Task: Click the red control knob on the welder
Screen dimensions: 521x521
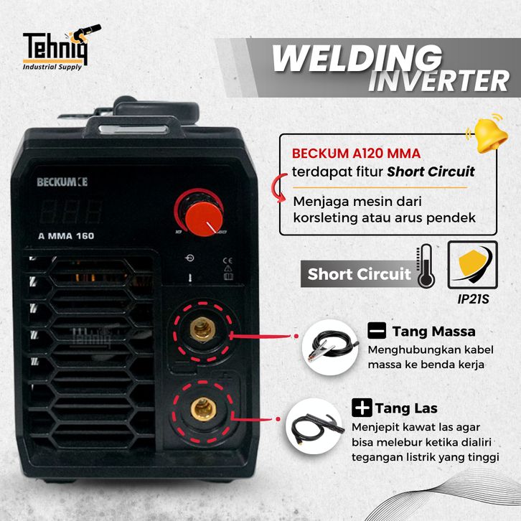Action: tap(197, 212)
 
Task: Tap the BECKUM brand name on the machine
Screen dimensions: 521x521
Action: tap(62, 182)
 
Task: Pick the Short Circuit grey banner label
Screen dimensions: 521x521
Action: tap(359, 274)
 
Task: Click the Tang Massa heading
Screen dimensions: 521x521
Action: tap(433, 332)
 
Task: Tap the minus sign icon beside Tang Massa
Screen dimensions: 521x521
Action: tap(377, 332)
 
